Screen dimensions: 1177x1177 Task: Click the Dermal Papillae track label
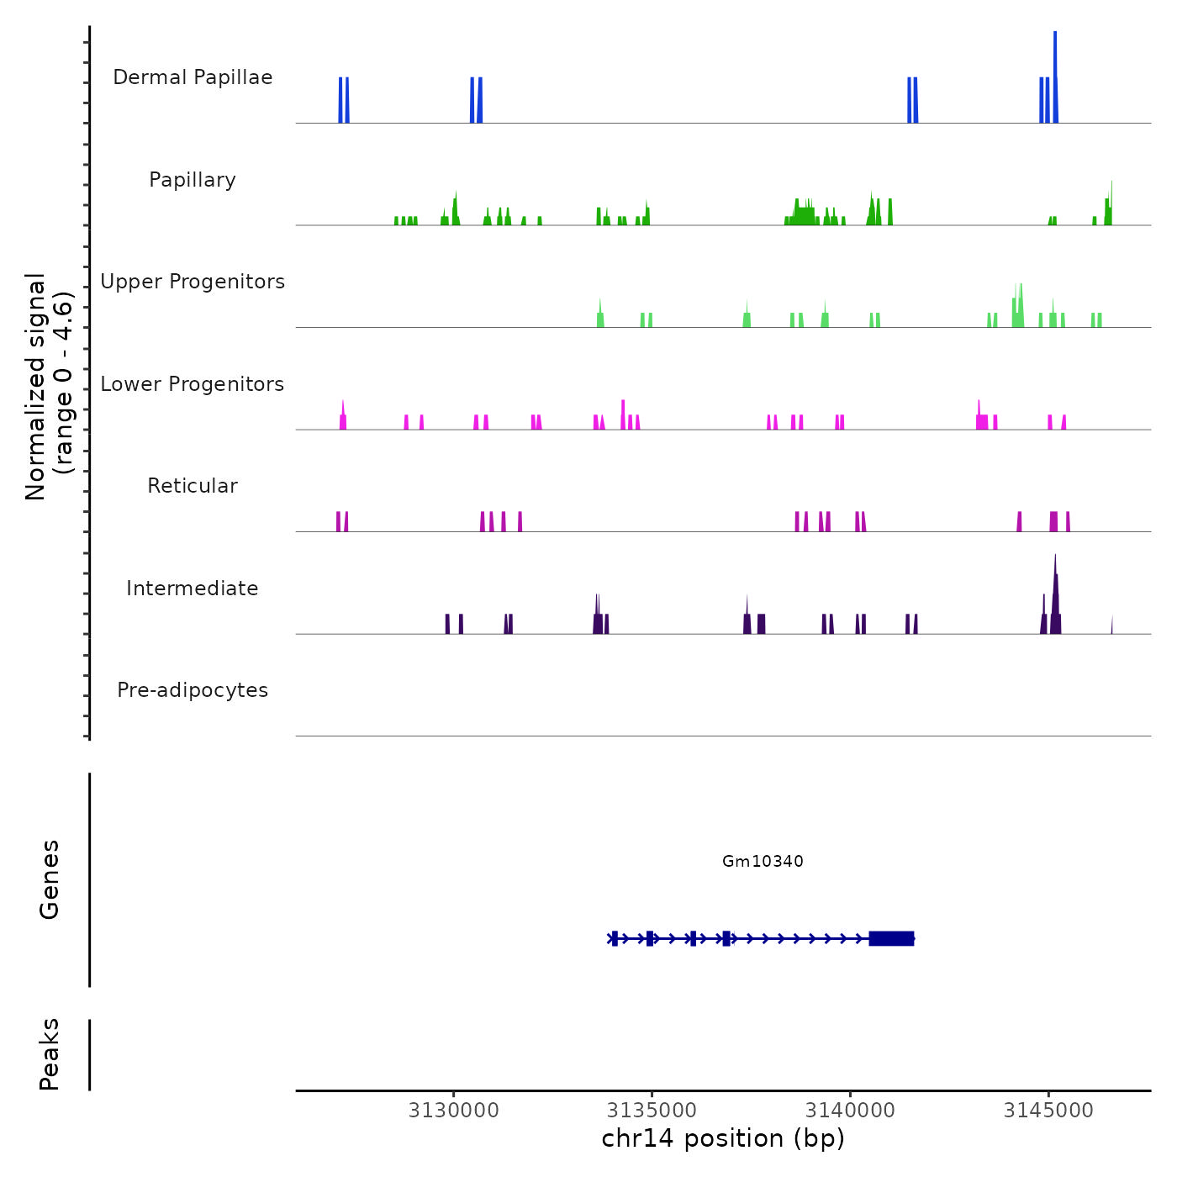point(193,77)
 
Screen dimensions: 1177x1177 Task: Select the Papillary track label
point(193,180)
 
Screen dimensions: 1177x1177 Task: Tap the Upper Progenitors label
point(193,282)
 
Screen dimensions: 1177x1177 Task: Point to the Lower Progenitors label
point(193,384)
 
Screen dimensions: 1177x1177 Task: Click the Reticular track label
point(193,486)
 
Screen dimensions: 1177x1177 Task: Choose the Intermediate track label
point(193,588)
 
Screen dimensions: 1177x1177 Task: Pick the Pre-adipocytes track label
point(193,690)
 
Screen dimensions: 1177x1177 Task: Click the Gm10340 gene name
point(763,861)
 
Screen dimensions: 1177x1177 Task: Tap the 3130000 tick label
point(453,1111)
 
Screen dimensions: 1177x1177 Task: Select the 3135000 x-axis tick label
point(652,1111)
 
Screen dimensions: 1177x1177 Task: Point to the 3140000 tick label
point(850,1111)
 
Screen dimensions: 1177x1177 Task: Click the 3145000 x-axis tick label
point(1048,1111)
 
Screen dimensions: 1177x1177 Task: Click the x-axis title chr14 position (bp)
point(723,1138)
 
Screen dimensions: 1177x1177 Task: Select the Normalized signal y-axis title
point(49,386)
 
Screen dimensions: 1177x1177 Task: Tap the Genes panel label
point(50,879)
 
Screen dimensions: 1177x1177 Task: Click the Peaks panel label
point(50,1054)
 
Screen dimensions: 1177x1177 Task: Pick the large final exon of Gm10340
point(891,938)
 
